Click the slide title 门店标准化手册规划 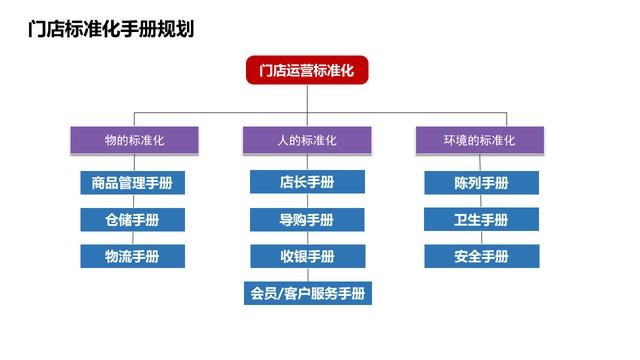(x=111, y=29)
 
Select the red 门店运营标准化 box (x=307, y=70)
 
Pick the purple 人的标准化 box (x=307, y=141)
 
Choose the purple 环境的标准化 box (x=481, y=141)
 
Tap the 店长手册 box (x=307, y=183)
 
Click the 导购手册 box (x=307, y=220)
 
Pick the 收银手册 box (x=307, y=257)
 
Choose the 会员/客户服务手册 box (x=307, y=294)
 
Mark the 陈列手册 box (x=481, y=183)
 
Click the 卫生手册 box (x=481, y=220)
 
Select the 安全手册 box (x=481, y=257)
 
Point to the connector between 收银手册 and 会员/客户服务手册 (x=307, y=275)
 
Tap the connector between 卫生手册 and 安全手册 (x=481, y=238)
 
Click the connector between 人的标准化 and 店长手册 (x=307, y=163)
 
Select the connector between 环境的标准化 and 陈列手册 (x=481, y=163)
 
